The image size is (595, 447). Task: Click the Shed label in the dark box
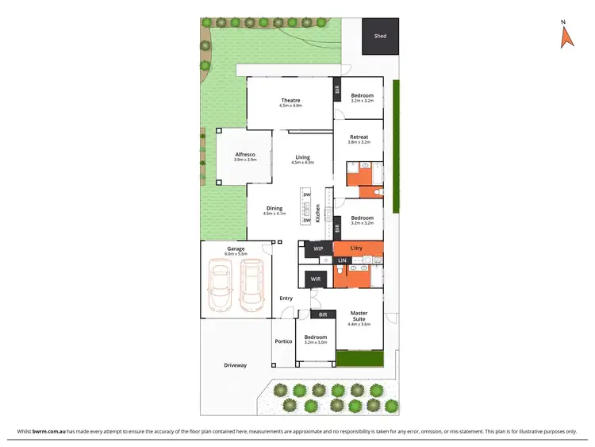tap(380, 36)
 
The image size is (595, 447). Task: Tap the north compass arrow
tap(566, 37)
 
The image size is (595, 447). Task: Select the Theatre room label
tap(290, 101)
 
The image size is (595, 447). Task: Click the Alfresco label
tap(244, 156)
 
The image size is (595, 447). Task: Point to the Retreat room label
tap(359, 137)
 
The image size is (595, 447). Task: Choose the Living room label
tap(302, 157)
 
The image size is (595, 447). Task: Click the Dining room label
tap(274, 209)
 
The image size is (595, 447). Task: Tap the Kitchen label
tap(318, 213)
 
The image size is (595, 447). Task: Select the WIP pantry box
tap(318, 249)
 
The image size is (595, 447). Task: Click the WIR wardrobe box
tap(315, 279)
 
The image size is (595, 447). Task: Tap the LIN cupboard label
tap(342, 261)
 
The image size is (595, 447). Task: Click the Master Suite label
tap(359, 316)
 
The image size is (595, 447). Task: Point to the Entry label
tap(286, 298)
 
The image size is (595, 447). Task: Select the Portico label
tap(283, 341)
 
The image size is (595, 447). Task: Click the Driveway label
tap(236, 365)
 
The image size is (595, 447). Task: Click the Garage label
tap(236, 249)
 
